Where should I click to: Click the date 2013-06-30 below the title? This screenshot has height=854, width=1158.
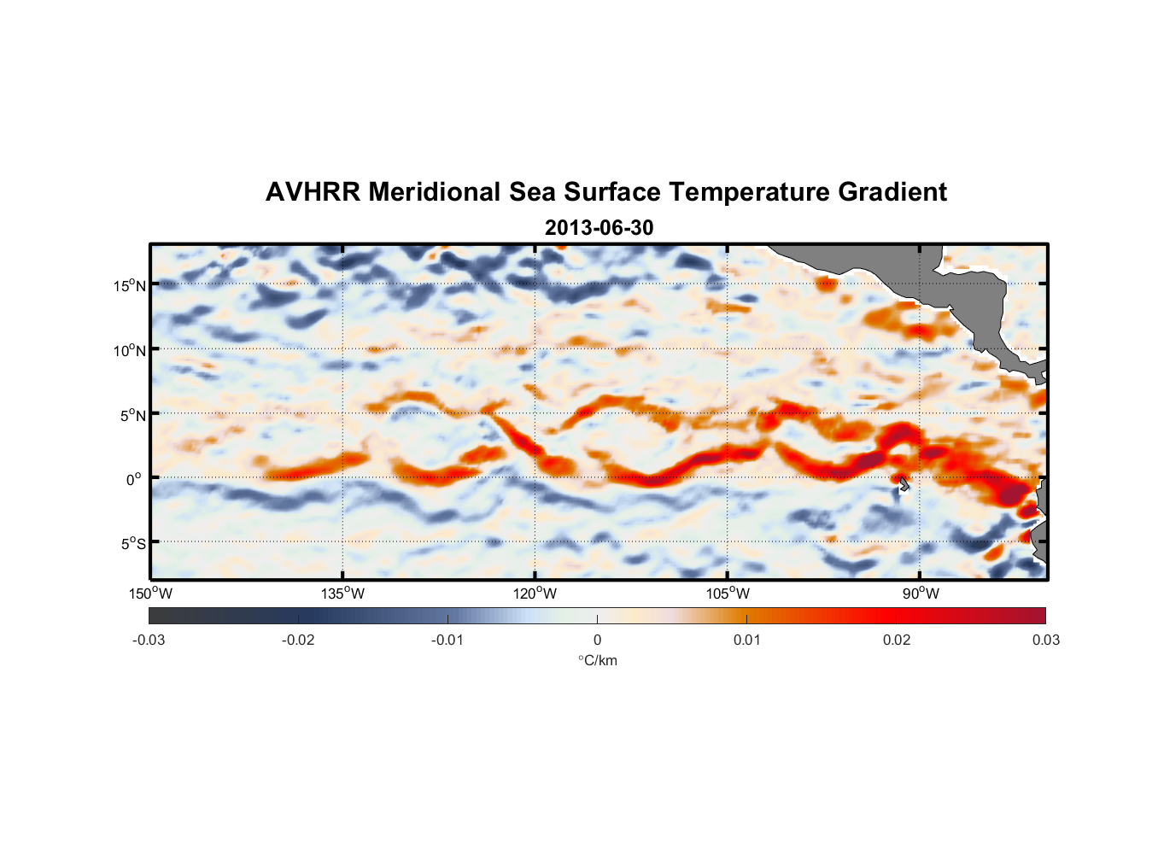tap(599, 228)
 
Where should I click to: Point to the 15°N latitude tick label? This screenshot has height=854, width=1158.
tap(130, 285)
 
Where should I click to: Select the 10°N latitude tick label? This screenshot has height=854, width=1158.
tap(130, 350)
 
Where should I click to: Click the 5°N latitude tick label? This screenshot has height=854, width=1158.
tap(132, 415)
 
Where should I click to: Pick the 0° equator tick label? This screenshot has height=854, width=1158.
tap(135, 479)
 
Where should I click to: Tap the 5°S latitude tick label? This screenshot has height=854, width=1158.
tap(132, 543)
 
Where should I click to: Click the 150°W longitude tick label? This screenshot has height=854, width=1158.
tap(150, 594)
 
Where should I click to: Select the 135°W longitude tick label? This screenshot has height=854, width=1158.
tap(342, 594)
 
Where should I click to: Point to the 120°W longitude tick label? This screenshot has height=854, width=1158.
tap(535, 594)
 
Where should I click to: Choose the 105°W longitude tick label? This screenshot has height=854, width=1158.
tap(728, 594)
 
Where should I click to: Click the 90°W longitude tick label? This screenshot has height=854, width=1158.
tap(921, 594)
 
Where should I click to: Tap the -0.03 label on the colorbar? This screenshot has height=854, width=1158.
tap(149, 640)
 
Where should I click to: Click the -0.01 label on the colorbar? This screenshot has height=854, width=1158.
tap(447, 640)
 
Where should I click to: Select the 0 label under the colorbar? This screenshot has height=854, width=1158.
tap(597, 640)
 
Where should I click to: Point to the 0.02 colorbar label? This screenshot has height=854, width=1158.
tap(897, 640)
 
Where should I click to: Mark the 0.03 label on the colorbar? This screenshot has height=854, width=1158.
tap(1045, 640)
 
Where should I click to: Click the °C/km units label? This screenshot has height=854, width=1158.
tap(597, 660)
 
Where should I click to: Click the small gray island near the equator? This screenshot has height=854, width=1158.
tap(904, 484)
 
